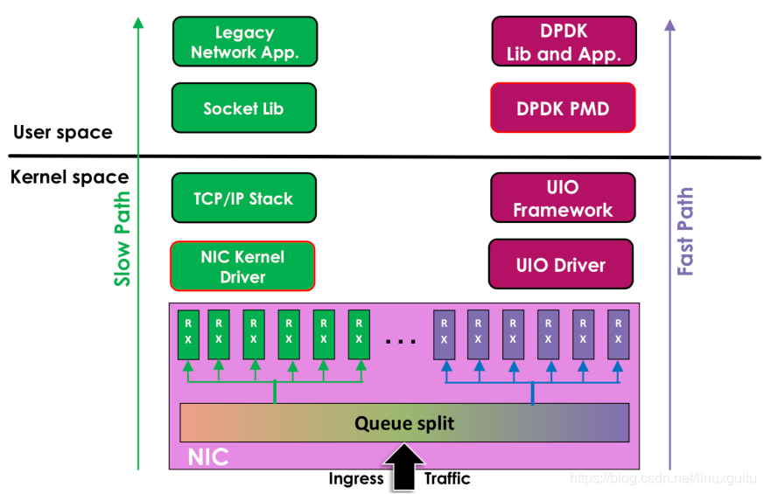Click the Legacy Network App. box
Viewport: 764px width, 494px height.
click(244, 42)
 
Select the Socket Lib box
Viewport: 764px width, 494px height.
click(243, 108)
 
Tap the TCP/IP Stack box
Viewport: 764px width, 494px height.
click(243, 198)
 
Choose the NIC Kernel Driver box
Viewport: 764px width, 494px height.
click(242, 266)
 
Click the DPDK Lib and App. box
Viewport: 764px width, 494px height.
click(564, 42)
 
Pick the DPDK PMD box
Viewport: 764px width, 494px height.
click(563, 108)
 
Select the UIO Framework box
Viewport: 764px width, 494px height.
click(563, 198)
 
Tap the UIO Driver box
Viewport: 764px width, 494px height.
click(561, 265)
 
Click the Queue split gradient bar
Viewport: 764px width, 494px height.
click(404, 423)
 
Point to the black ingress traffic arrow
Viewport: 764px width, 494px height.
click(404, 469)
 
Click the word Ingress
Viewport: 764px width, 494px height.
click(356, 479)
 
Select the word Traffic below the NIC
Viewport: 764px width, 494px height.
click(447, 479)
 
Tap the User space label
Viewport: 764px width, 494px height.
click(63, 133)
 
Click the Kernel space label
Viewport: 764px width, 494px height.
click(69, 177)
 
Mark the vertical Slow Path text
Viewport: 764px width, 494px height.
click(123, 239)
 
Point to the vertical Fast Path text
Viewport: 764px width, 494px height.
click(685, 232)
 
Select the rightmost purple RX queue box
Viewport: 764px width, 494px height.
click(618, 335)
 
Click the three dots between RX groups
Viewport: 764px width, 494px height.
click(401, 341)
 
